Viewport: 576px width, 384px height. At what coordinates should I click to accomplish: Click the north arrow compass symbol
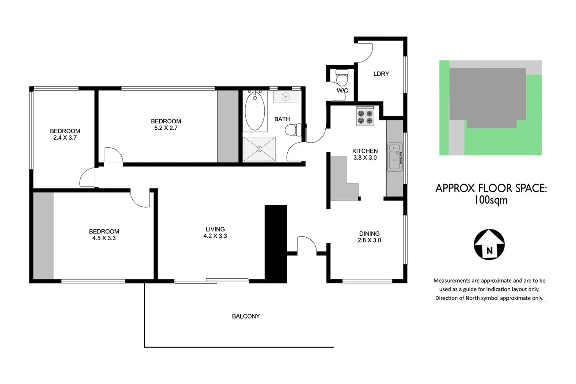[489, 244]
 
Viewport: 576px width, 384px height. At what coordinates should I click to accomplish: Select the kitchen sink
[395, 157]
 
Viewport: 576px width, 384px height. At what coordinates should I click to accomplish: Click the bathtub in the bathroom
[255, 111]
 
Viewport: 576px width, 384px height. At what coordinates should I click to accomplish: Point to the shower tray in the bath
[259, 149]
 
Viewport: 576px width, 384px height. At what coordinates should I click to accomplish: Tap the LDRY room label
[381, 74]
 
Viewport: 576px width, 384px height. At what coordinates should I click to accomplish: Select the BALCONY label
[246, 316]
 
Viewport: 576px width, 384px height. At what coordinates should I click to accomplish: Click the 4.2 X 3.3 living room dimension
[215, 236]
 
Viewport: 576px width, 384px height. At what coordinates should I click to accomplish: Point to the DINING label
[369, 233]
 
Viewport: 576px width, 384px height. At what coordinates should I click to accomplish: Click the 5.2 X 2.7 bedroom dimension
[166, 128]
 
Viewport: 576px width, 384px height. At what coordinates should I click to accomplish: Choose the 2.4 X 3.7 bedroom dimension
[65, 138]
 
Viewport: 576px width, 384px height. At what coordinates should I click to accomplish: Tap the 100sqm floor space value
[491, 200]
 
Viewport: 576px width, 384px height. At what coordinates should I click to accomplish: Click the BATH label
[282, 119]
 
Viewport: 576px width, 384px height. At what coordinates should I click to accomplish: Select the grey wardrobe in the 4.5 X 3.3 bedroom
[43, 236]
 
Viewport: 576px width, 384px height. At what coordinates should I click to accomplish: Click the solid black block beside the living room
[276, 244]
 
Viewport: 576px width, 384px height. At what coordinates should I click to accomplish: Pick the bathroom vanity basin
[286, 96]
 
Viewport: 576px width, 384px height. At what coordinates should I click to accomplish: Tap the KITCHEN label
[365, 151]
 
